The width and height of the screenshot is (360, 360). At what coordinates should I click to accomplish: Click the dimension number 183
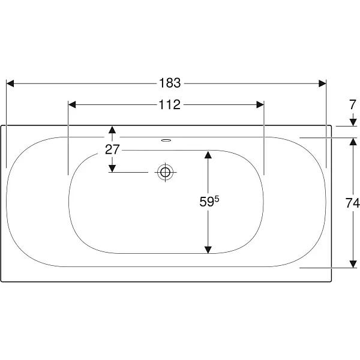pos(170,83)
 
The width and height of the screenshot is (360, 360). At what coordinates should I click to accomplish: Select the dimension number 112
pos(170,104)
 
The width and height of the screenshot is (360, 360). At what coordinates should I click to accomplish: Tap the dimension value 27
pos(112,149)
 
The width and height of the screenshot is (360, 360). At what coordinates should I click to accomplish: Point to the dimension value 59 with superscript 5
pos(209,202)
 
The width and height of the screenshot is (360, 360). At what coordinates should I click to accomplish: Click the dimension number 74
pos(352,203)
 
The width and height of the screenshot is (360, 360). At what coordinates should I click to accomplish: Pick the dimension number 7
pos(353,104)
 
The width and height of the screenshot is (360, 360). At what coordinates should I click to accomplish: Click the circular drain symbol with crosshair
pos(166,172)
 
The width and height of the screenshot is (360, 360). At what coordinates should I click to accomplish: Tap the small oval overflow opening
pos(166,140)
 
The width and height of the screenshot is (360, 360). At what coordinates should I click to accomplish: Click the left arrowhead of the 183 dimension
pos(10,83)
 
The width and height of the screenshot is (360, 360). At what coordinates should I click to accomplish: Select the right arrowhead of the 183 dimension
pos(323,83)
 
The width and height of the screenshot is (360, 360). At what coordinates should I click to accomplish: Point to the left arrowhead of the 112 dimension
pos(72,104)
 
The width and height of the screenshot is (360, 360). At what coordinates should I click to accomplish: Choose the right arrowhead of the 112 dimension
pos(260,104)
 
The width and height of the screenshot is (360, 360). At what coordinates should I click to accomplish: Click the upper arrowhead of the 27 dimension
pos(112,130)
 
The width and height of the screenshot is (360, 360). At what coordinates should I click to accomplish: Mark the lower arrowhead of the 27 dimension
pos(112,168)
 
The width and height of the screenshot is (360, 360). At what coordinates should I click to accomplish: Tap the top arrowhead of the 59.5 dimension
pos(208,155)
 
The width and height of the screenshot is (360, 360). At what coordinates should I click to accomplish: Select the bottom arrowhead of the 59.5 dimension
pos(208,250)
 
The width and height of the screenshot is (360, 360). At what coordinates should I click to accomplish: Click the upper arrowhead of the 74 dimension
pos(353,142)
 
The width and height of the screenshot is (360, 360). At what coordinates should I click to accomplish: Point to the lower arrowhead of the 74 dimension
pos(353,264)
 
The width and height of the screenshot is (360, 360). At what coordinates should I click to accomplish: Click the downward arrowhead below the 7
pos(353,122)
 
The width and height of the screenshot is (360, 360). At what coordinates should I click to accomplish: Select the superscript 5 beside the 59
pos(217,199)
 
